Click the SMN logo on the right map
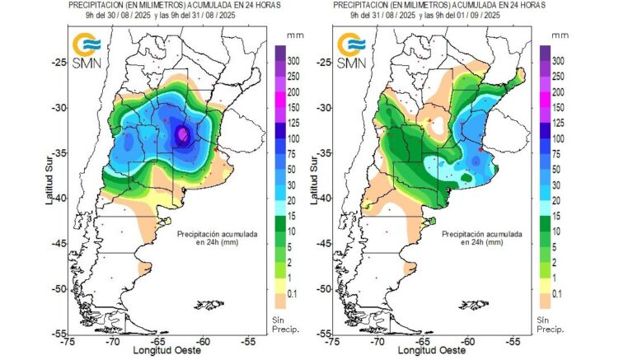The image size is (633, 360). click(x=351, y=49)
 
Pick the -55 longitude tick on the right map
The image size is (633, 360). click(x=513, y=341)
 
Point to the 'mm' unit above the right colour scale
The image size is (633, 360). click(x=559, y=36)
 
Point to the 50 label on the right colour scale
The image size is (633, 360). click(x=558, y=169)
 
